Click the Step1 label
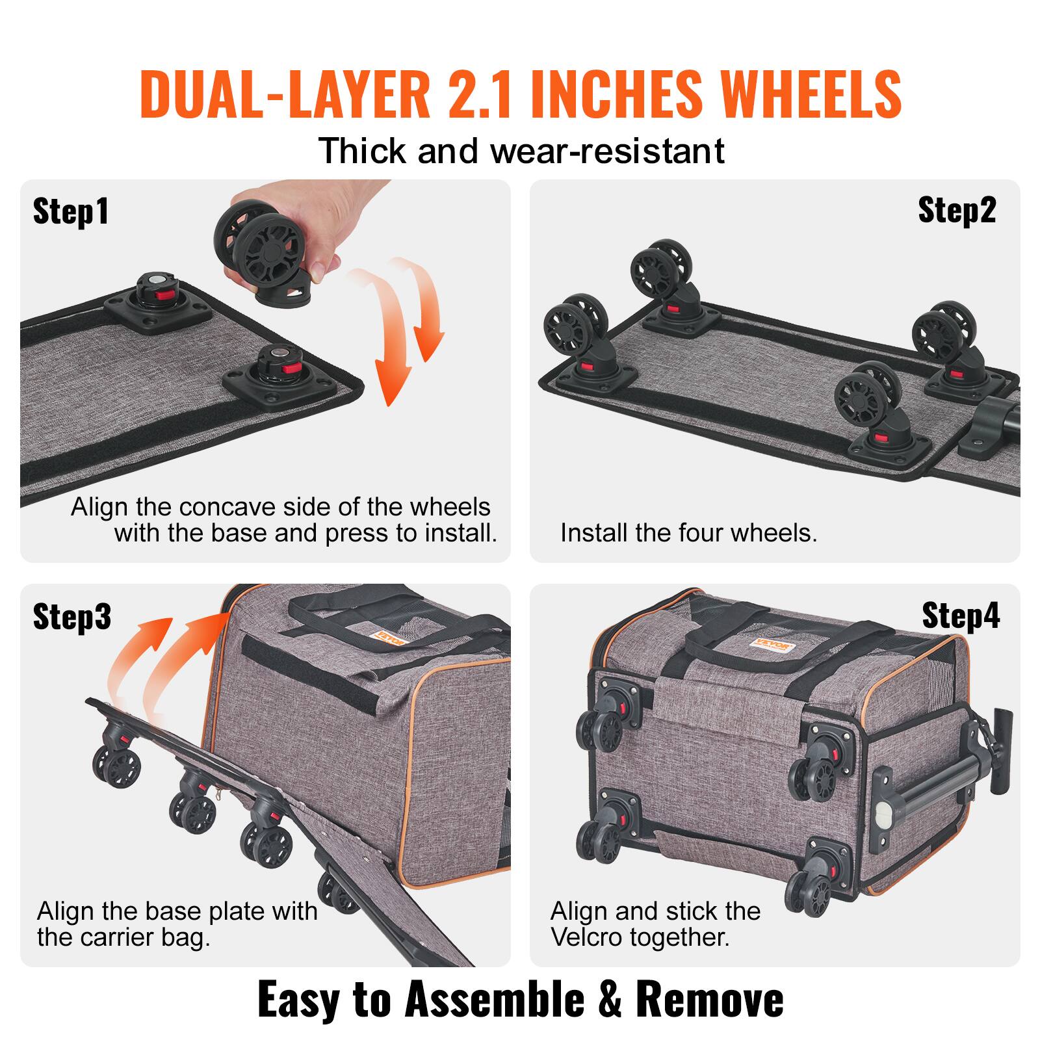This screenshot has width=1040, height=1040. coord(70,212)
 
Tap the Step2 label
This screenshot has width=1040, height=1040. coord(956,211)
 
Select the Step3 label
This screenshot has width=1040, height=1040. coord(71,616)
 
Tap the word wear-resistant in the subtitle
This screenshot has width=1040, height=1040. coord(607,151)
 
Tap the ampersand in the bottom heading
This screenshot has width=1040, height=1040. coord(608,999)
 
